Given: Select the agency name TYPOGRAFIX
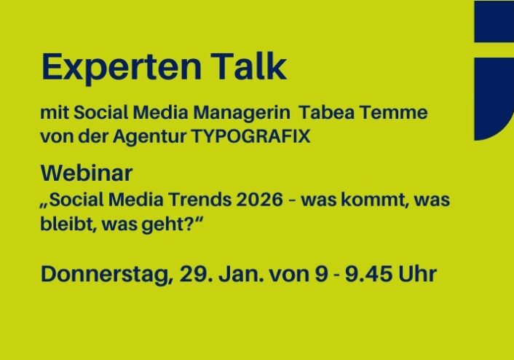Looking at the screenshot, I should point(250,136).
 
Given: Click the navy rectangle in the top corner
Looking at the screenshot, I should point(494,21).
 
